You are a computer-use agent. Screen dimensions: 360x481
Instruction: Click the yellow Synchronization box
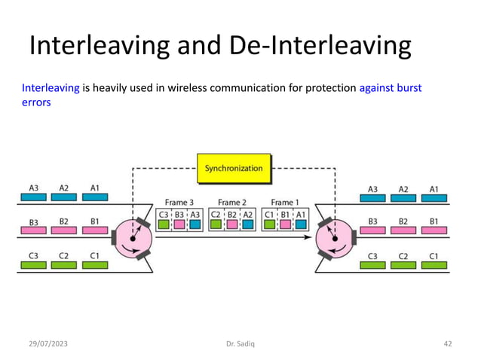click(x=233, y=168)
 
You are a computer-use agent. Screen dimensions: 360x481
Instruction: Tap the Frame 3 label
click(x=180, y=202)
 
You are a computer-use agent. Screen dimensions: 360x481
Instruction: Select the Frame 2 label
click(x=232, y=202)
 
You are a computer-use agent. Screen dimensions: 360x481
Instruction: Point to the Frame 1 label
click(x=283, y=202)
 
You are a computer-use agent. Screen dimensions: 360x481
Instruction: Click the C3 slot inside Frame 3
click(x=164, y=218)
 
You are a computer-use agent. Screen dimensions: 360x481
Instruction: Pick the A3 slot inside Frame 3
click(x=195, y=218)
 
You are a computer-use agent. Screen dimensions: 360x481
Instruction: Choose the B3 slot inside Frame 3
click(x=179, y=218)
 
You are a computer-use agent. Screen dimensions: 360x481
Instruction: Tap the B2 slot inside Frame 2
click(x=232, y=218)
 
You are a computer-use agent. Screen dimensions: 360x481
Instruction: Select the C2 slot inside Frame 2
click(x=216, y=218)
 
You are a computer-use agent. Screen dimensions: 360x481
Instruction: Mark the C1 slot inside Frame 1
click(x=269, y=218)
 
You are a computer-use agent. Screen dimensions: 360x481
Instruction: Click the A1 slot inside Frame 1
click(x=300, y=218)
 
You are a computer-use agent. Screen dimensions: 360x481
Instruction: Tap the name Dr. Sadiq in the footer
click(x=240, y=343)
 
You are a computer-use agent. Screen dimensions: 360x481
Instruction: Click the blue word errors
click(x=36, y=102)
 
